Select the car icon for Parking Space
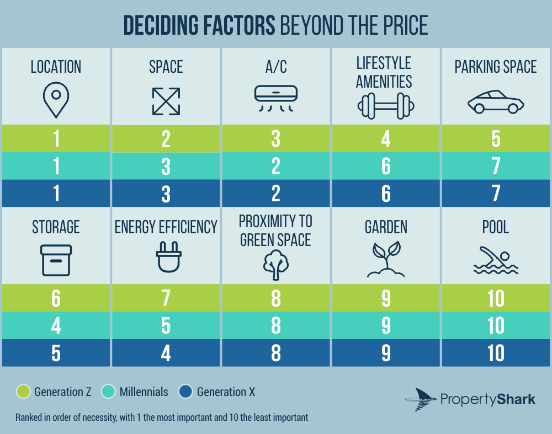tap(495, 102)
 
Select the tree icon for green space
tap(275, 262)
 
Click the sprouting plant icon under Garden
tap(386, 259)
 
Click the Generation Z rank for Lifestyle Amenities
tap(386, 138)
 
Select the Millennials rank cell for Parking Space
tap(495, 166)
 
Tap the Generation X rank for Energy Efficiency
tap(166, 353)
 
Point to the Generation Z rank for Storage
tap(56, 298)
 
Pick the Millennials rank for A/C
tap(276, 166)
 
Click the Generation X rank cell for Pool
tap(495, 353)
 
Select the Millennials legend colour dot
tap(108, 392)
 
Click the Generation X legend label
tap(226, 392)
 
